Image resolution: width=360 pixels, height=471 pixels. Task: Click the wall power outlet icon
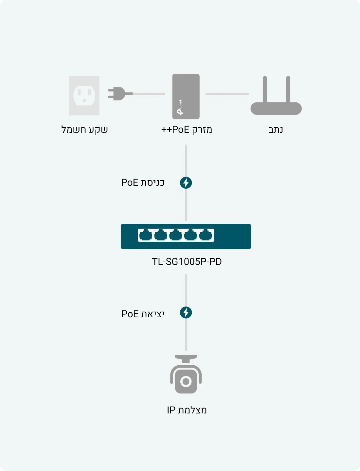84,96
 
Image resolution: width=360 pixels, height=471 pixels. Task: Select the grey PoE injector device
186,96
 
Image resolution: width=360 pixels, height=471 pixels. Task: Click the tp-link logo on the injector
180,107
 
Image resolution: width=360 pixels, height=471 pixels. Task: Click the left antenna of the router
265,89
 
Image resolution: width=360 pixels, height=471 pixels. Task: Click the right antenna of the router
288,89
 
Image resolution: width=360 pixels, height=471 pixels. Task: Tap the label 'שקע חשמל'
85,130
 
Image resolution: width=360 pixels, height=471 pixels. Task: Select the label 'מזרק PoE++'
187,130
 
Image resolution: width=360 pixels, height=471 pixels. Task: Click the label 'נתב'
276,130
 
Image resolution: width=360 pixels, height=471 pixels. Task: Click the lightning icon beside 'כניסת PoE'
186,183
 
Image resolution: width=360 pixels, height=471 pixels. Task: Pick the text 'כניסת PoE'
143,183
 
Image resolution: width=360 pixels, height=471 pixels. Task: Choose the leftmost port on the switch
146,235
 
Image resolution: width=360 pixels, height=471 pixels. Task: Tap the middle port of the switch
176,235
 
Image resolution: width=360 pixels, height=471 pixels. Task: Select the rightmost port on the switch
206,235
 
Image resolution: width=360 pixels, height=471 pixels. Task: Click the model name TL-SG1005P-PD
187,262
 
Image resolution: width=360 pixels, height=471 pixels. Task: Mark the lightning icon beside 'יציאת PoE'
186,313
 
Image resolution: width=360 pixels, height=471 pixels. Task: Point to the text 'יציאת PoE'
143,314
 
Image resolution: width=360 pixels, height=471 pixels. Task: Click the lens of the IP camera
186,381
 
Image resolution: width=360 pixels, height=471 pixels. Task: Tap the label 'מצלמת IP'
187,410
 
